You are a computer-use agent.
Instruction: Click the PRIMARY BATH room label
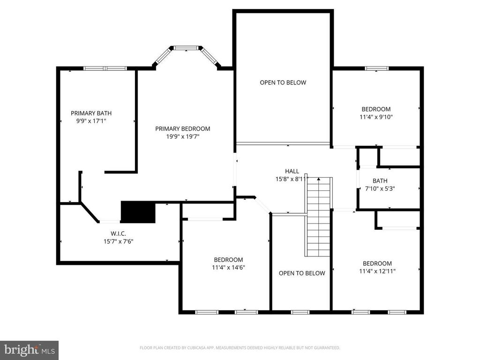point(91,113)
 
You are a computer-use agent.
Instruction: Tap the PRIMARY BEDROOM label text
point(183,129)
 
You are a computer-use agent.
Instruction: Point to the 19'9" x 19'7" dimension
point(183,136)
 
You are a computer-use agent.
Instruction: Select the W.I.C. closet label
point(119,234)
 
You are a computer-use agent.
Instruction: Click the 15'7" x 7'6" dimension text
point(119,241)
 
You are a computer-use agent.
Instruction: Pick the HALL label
point(292,171)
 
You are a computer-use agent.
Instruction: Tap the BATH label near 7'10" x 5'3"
point(380,181)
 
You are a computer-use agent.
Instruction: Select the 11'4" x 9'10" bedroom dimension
point(376,117)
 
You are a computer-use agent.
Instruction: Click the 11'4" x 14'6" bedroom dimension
point(228,268)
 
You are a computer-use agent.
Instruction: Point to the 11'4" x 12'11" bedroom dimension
point(377,271)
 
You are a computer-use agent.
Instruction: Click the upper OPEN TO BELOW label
point(283,82)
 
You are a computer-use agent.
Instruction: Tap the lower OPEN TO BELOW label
point(302,273)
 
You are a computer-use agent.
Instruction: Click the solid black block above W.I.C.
point(138,212)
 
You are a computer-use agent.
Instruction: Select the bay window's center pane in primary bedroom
point(187,48)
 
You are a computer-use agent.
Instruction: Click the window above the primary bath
point(105,68)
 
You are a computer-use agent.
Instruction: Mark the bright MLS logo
point(29,350)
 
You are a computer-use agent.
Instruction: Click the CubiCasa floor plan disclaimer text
point(240,348)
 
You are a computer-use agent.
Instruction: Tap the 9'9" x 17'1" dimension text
point(91,121)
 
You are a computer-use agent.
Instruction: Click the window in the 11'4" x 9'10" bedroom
point(376,68)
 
